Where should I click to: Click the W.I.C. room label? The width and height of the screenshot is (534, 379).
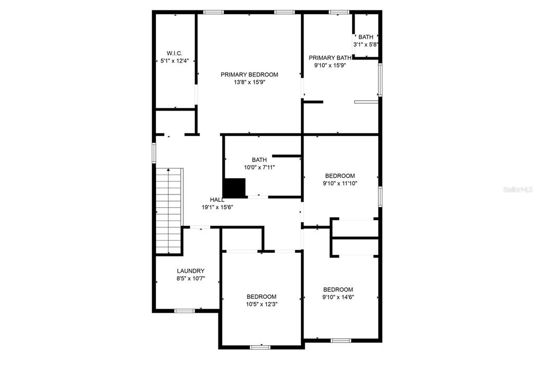[x=174, y=54]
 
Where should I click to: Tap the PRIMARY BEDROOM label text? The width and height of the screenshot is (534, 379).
[x=249, y=75]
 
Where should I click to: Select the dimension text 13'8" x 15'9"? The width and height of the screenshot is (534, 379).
[x=249, y=82]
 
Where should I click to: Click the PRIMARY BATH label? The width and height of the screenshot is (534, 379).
[x=330, y=58]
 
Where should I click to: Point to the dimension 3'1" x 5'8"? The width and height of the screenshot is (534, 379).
[x=366, y=45]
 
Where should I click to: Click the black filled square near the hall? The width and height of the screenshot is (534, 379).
[x=234, y=188]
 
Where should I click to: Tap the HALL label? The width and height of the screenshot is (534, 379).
[x=217, y=200]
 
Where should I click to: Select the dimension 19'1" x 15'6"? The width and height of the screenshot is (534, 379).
[x=217, y=207]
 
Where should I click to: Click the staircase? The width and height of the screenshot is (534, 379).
[x=169, y=211]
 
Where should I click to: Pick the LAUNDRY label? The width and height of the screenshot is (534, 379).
[x=191, y=271]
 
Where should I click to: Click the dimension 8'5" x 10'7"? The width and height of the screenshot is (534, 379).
[x=191, y=278]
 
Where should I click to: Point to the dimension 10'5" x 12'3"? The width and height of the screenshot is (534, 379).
[x=262, y=304]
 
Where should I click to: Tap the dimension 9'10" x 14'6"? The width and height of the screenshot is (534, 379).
[x=338, y=297]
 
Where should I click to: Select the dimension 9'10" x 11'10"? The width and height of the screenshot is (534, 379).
[x=340, y=183]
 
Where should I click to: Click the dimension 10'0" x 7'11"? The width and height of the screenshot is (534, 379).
[x=259, y=167]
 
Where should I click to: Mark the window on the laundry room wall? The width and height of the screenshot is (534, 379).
[x=185, y=311]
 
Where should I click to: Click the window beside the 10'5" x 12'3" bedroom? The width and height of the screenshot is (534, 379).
[x=260, y=347]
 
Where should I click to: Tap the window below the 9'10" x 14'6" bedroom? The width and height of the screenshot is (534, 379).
[x=341, y=340]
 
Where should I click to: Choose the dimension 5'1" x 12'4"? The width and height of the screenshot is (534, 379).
[x=174, y=61]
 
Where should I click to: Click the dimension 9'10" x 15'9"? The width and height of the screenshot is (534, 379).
[x=330, y=65]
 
